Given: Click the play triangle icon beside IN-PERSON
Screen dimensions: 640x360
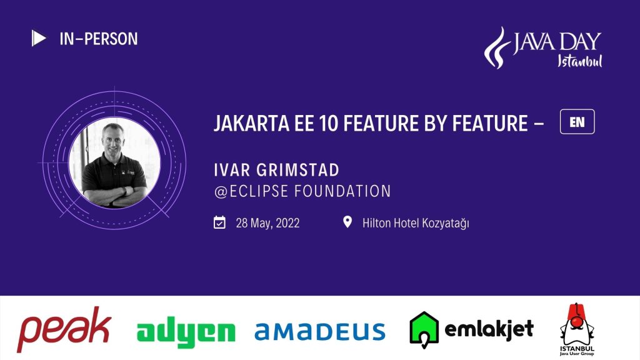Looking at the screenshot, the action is click(38, 38).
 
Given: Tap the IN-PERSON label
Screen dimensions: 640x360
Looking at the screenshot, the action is click(99, 39).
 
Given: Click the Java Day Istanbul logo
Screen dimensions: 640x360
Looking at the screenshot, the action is click(543, 47).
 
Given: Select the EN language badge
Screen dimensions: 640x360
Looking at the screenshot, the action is click(577, 122).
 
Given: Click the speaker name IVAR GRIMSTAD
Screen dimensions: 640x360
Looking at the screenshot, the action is click(276, 170).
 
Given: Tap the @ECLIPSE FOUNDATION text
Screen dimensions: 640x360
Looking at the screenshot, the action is click(302, 191).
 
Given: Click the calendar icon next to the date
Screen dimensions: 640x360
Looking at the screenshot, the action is click(219, 222).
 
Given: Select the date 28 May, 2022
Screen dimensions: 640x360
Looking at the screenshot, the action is click(267, 223).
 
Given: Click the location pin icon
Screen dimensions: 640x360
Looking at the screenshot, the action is click(347, 222).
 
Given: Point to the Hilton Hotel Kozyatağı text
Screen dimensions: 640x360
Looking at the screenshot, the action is click(416, 223).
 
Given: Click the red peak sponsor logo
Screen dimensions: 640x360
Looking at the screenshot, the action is click(64, 329).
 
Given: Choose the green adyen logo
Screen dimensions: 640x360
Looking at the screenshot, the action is click(186, 332).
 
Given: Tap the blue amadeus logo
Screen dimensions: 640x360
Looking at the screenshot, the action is click(319, 331).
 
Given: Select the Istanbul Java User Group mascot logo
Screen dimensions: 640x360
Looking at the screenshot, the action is click(577, 329).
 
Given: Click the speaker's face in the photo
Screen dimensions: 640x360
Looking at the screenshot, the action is click(112, 139).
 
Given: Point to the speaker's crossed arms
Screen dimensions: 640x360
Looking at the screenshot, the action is click(115, 195).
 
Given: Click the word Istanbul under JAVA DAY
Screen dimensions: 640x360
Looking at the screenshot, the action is click(579, 61).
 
